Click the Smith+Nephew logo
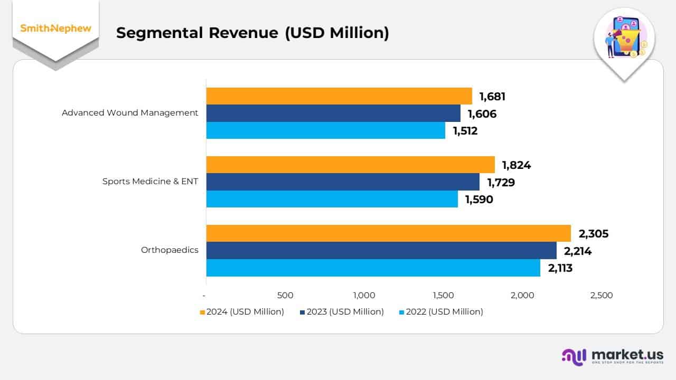point(55,28)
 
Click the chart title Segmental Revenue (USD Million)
point(252,33)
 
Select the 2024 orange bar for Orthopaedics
point(388,233)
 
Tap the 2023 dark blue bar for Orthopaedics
point(381,251)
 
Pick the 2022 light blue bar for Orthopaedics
point(373,268)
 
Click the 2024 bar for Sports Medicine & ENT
point(350,165)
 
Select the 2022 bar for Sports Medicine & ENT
point(332,199)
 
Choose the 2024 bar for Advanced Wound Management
point(339,96)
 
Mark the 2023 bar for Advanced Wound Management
point(333,113)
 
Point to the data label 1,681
point(492,97)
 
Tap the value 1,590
point(478,199)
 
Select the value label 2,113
point(560,268)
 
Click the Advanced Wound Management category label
point(130,112)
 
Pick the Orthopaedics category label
point(170,250)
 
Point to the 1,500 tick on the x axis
point(443,296)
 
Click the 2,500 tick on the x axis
point(602,296)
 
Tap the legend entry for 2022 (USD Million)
point(441,312)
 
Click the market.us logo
point(612,357)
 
